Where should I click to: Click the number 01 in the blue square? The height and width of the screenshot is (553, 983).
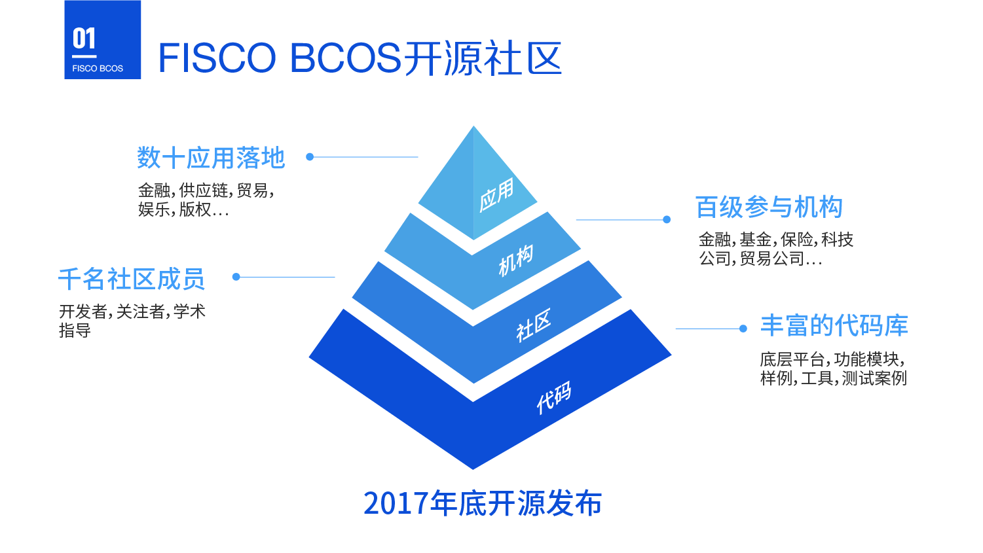tap(84, 39)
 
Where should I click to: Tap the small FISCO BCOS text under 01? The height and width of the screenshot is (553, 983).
tap(98, 69)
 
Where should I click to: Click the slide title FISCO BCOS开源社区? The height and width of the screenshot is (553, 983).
tap(360, 58)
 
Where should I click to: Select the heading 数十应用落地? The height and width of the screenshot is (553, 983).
tap(211, 158)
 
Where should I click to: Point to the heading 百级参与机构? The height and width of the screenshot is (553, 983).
tap(769, 207)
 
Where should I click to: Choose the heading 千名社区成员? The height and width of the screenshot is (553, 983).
tap(131, 279)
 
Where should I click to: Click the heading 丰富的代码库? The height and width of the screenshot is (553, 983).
tap(834, 325)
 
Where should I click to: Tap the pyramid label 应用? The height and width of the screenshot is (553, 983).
tap(496, 195)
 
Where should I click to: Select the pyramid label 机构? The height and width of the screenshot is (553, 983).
tap(516, 260)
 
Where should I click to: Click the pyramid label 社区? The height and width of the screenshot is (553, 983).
tap(533, 325)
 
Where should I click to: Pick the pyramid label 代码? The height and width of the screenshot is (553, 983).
tap(554, 397)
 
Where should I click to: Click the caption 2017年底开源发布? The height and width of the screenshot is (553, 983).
tap(483, 503)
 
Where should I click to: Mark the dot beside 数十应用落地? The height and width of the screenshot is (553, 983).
tap(310, 157)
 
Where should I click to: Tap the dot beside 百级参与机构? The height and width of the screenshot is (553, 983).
tap(667, 220)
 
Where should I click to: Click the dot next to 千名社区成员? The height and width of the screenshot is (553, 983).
tap(236, 277)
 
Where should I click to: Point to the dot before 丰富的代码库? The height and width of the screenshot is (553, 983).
tap(743, 329)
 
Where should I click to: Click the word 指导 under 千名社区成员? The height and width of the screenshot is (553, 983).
tap(75, 330)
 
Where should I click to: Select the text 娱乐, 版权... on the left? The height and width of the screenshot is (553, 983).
tap(183, 209)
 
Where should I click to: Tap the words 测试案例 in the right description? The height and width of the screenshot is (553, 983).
tap(874, 378)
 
